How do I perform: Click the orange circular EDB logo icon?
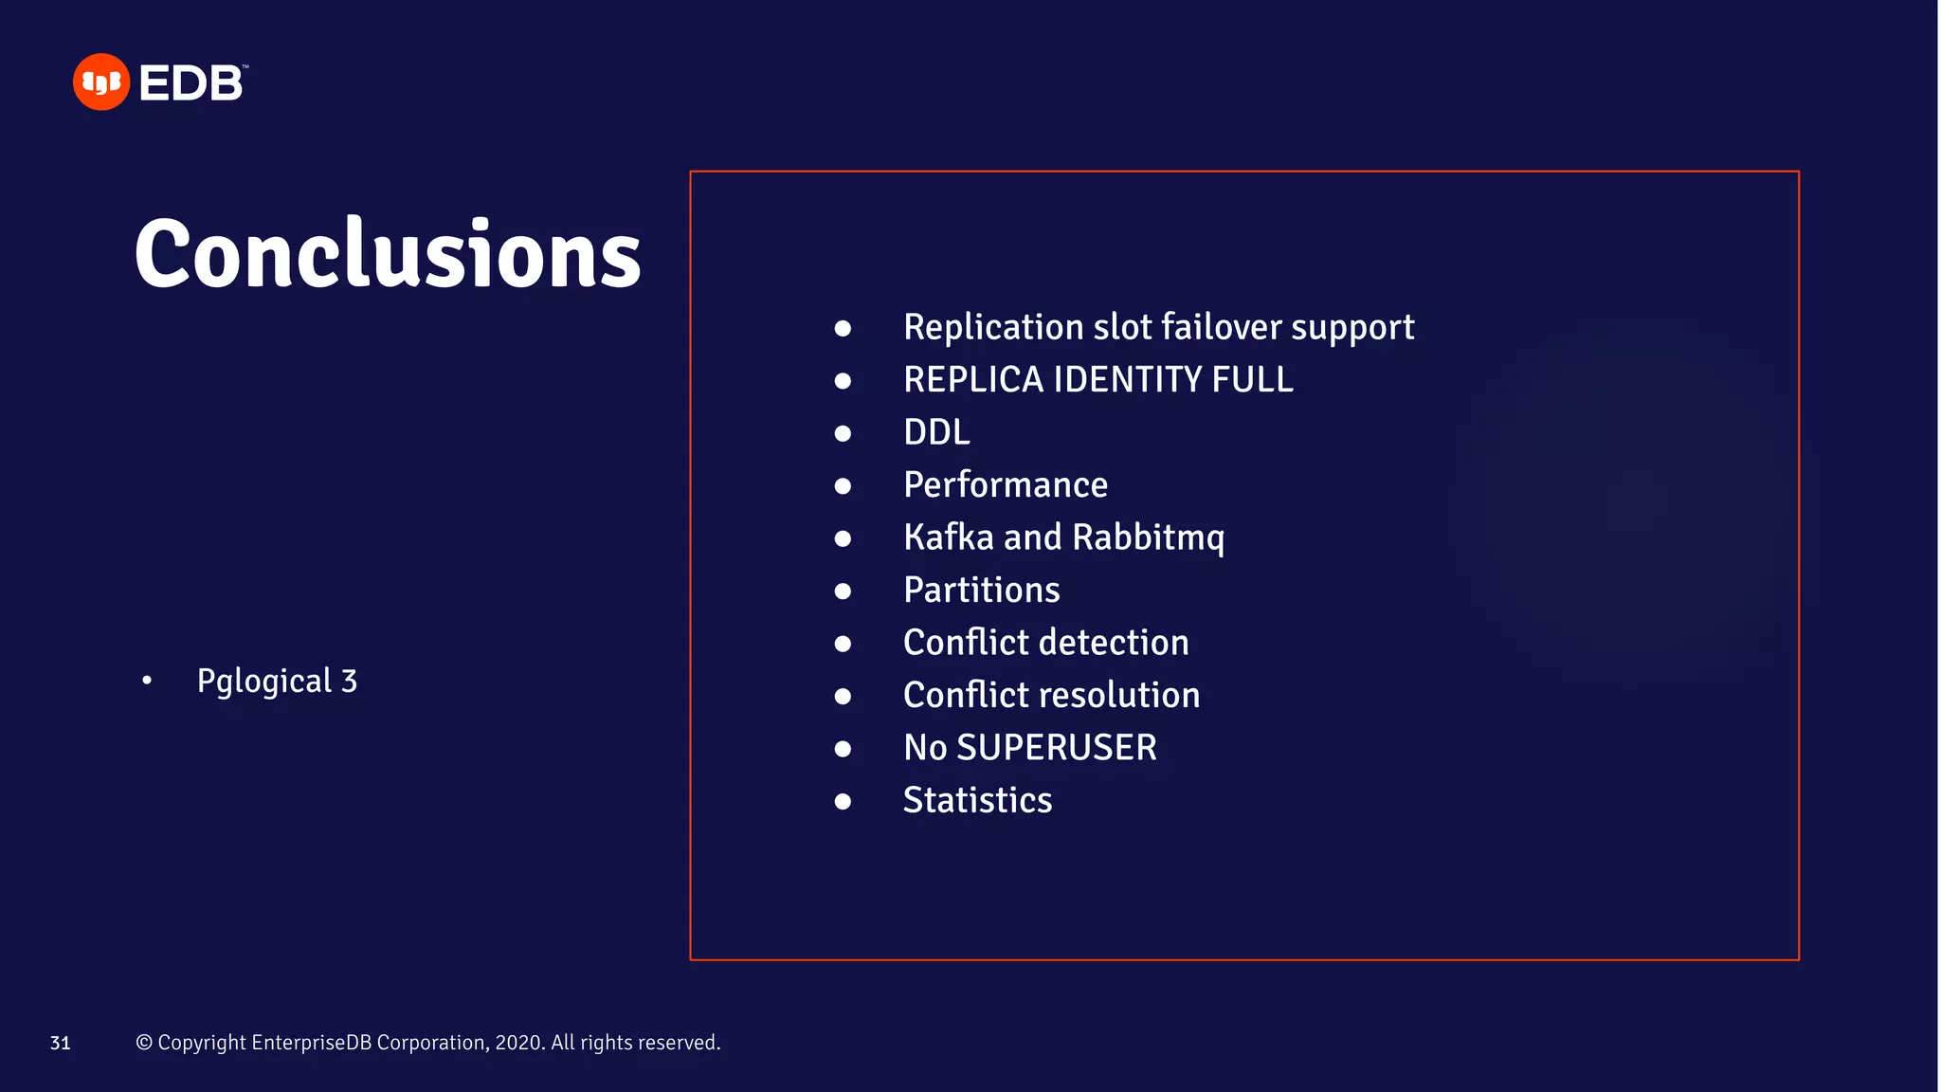tap(100, 82)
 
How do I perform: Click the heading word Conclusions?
tap(388, 254)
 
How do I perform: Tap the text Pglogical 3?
tap(277, 682)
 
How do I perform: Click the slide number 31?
tap(60, 1044)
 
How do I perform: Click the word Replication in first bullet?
tap(992, 328)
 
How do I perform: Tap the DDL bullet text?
tap(936, 433)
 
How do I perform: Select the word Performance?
tap(1005, 485)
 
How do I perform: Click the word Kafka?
tap(948, 537)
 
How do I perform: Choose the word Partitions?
tap(981, 591)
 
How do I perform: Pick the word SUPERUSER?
tap(1056, 748)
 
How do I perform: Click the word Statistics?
tap(977, 801)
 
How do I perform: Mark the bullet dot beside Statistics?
tap(843, 802)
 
